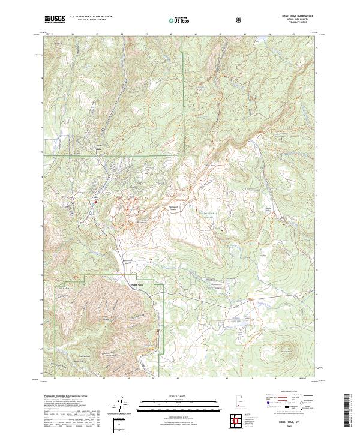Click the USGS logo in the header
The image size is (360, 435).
coord(55,19)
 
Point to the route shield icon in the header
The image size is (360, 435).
coord(240,20)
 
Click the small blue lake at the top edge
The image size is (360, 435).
coord(262,41)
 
